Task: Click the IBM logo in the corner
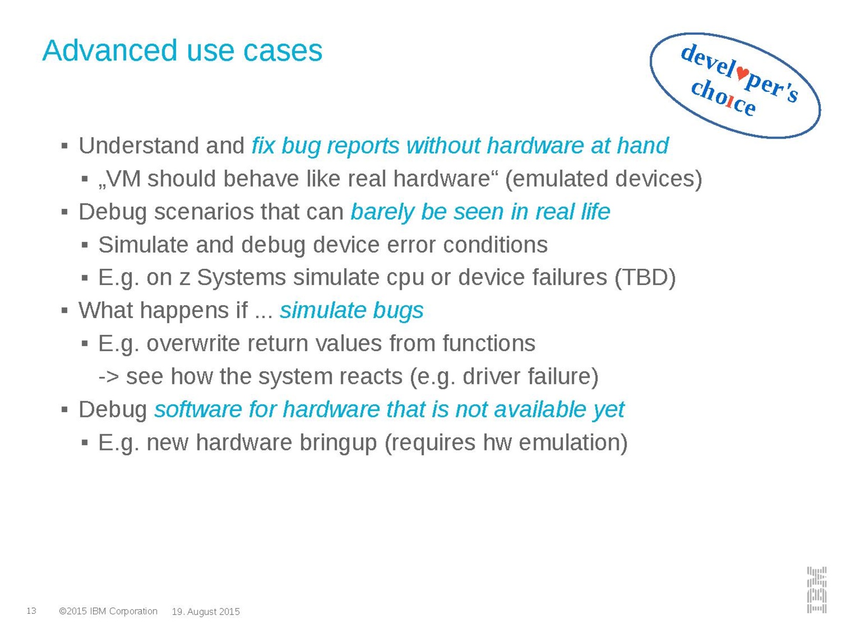[x=816, y=590]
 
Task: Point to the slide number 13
[x=32, y=611]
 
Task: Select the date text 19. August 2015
[x=206, y=611]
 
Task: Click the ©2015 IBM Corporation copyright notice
[x=108, y=611]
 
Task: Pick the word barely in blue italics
[x=382, y=212]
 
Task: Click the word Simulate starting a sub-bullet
[x=143, y=245]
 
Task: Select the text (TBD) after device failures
[x=645, y=277]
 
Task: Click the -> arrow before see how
[x=108, y=377]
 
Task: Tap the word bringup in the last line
[x=338, y=443]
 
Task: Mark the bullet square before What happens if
[x=64, y=310]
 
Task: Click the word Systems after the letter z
[x=241, y=278]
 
